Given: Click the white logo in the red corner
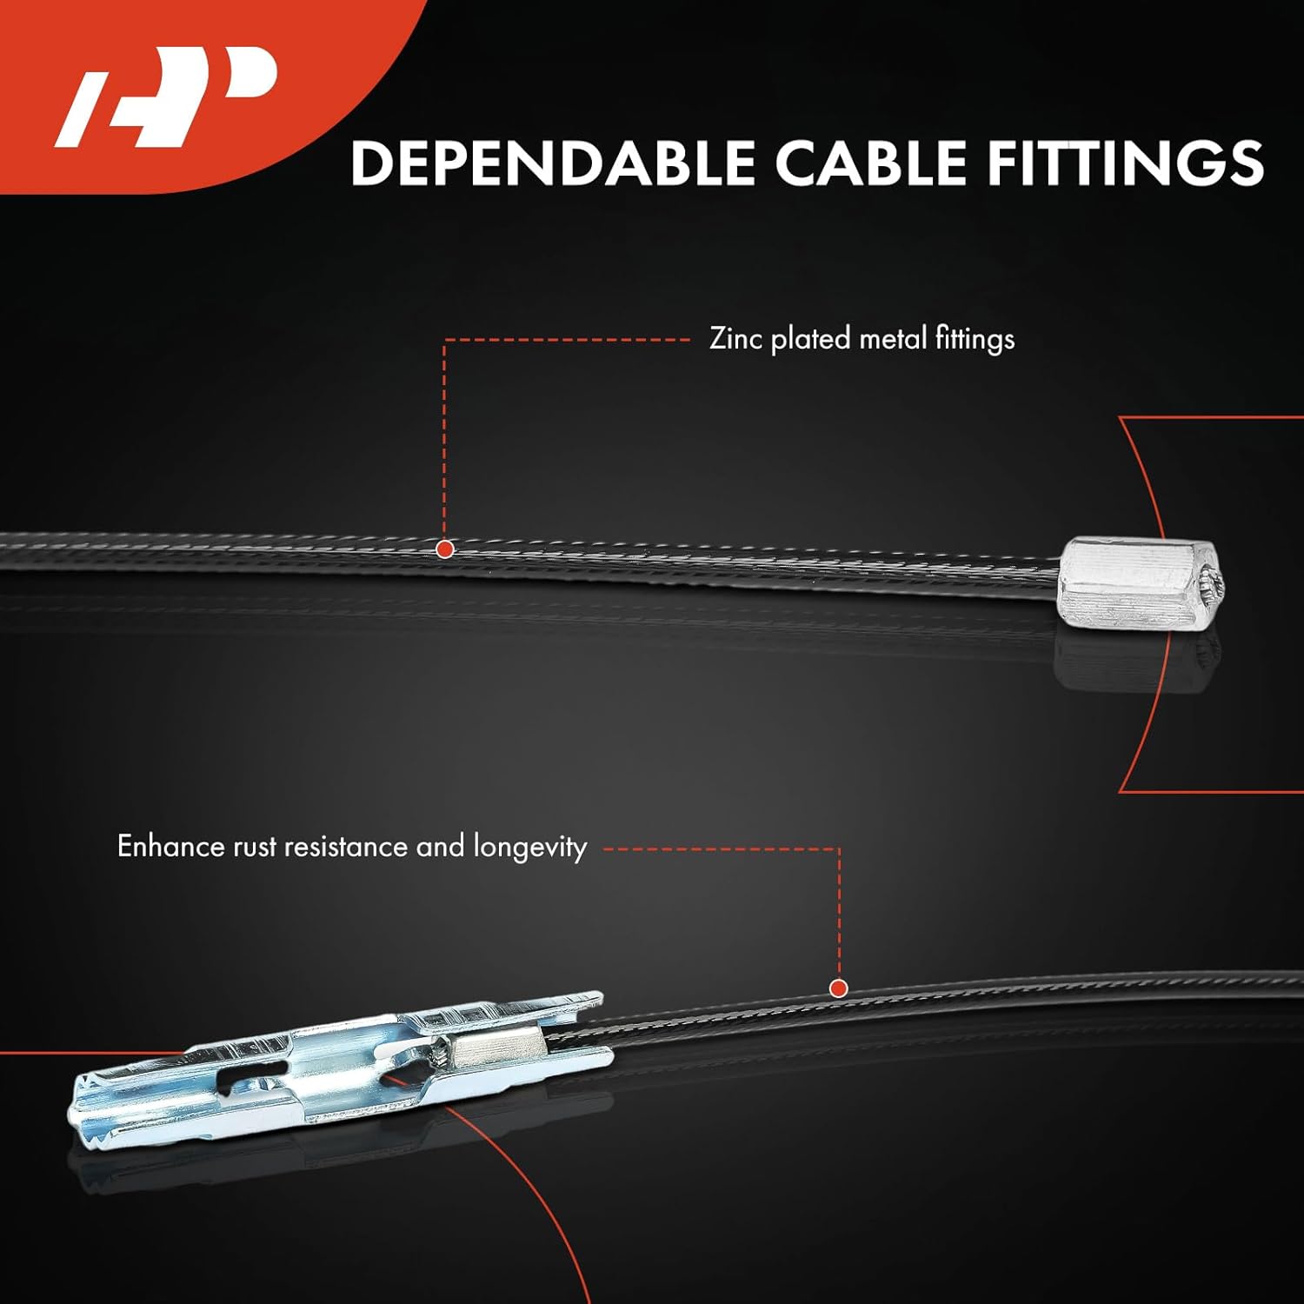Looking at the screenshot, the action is (x=165, y=96).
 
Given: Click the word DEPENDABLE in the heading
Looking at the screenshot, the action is (x=553, y=163).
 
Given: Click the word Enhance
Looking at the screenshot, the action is (x=171, y=846).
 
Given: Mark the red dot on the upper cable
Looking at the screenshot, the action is (x=445, y=549).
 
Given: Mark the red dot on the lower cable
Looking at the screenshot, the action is (x=839, y=988).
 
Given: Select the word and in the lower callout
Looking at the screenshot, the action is (x=440, y=846).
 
